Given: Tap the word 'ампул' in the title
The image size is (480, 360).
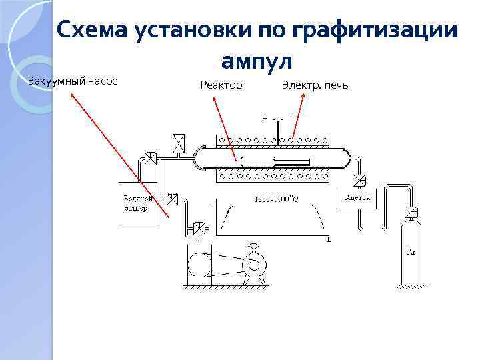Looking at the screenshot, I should [x=257, y=61].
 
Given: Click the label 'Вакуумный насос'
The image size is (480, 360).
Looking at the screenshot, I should [x=73, y=81].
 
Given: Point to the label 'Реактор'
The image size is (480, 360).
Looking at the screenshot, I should [x=221, y=85].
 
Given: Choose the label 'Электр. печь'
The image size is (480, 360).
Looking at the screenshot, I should [x=315, y=85].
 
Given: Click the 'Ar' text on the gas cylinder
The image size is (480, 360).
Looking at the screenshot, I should [x=411, y=252].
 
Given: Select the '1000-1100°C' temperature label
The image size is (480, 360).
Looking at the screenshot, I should [x=275, y=199].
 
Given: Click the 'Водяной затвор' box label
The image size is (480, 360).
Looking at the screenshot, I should [x=139, y=203].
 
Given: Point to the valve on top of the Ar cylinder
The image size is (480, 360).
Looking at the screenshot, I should [x=411, y=213].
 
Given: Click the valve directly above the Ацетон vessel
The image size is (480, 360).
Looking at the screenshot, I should [x=360, y=180].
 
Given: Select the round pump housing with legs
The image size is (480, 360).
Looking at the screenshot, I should [x=253, y=264].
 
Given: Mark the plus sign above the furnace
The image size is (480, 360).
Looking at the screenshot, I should [x=265, y=118].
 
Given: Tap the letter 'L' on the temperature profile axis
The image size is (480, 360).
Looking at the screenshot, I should [x=329, y=239].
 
